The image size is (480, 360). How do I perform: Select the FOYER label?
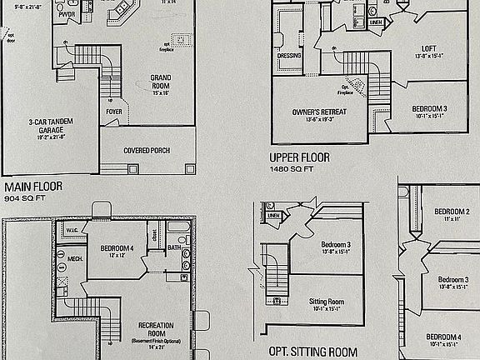114,112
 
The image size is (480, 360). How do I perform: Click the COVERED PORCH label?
147,151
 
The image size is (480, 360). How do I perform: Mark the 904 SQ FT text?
24,200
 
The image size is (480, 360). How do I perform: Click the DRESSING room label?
289,56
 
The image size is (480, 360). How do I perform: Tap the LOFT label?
429,49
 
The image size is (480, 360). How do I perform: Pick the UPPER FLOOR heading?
299,157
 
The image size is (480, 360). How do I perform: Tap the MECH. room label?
74,258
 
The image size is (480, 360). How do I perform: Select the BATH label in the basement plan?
173,247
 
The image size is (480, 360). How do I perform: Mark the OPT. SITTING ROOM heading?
312,352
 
